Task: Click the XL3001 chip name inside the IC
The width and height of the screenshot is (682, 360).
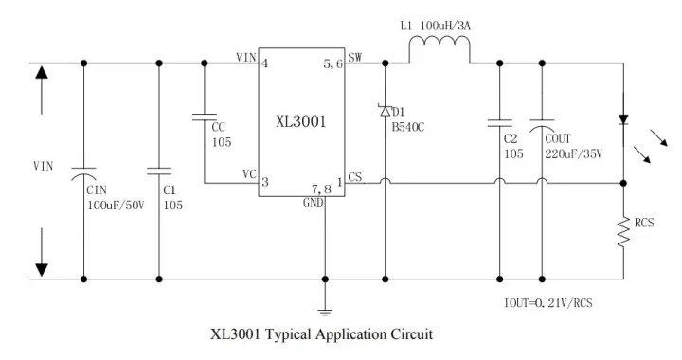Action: [301, 122]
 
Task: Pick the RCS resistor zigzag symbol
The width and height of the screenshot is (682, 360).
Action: [623, 230]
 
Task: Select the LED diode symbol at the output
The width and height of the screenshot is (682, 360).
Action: [623, 120]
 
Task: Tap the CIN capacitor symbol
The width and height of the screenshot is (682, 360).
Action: [84, 173]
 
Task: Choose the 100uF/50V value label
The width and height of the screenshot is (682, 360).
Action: [113, 206]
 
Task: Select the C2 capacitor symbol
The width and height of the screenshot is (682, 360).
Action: [499, 122]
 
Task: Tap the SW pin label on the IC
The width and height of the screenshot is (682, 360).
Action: [355, 58]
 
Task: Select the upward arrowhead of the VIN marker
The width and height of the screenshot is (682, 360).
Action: [41, 73]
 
